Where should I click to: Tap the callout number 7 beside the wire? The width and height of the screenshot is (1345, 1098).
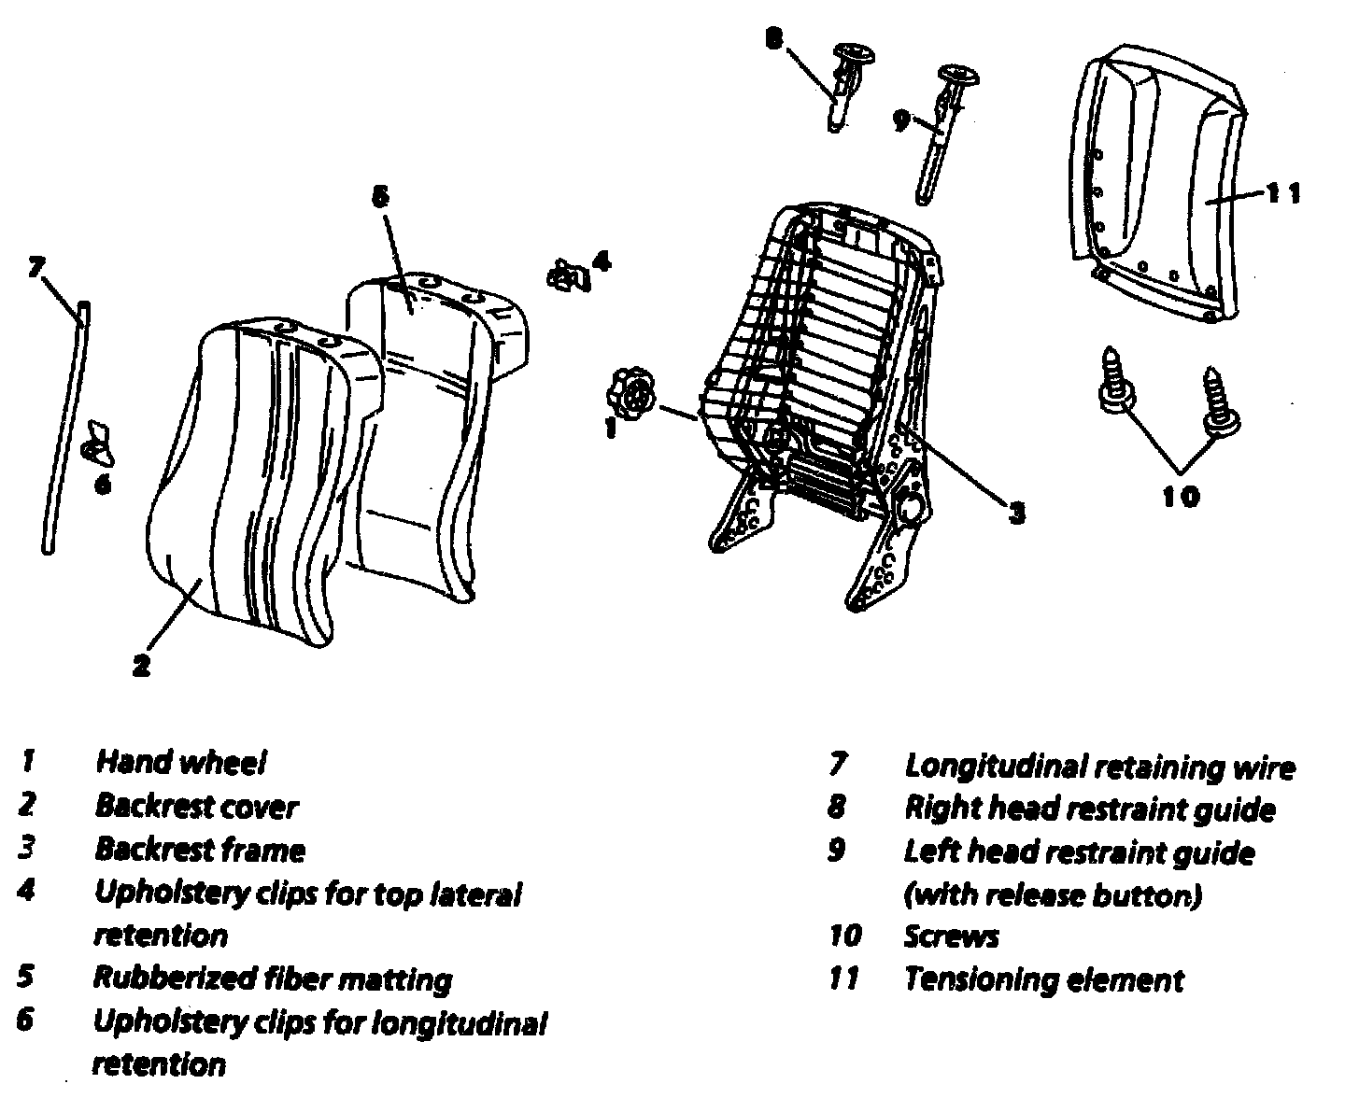[x=35, y=268]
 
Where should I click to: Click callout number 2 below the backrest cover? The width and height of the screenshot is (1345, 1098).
[x=140, y=666]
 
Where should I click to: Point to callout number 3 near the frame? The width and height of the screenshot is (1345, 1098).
[x=1015, y=511]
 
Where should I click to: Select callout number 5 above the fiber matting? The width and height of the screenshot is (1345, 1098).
[x=378, y=196]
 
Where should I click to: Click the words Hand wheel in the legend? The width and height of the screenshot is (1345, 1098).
[x=181, y=763]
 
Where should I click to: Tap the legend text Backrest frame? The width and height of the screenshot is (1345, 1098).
[x=200, y=850]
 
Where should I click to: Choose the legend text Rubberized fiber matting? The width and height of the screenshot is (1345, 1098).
[x=272, y=978]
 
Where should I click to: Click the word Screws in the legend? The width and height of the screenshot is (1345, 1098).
[x=951, y=936]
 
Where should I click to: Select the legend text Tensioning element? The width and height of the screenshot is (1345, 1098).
[x=1043, y=979]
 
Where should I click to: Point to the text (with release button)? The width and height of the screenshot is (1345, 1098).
[x=1052, y=895]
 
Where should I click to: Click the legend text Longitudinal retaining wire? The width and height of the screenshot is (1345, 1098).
[x=1099, y=767]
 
